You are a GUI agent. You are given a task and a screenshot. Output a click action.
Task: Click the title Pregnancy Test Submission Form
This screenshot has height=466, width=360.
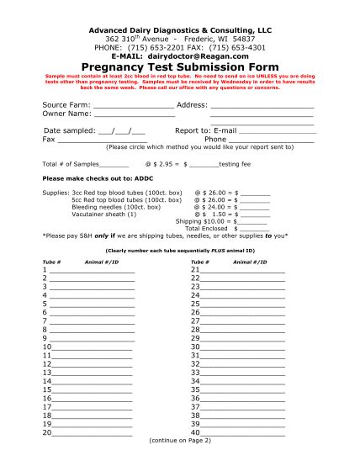point(180,66)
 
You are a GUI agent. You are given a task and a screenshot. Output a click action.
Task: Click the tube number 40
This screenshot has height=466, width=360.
point(196,432)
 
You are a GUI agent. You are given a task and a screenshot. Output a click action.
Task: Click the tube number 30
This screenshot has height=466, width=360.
point(196,347)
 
